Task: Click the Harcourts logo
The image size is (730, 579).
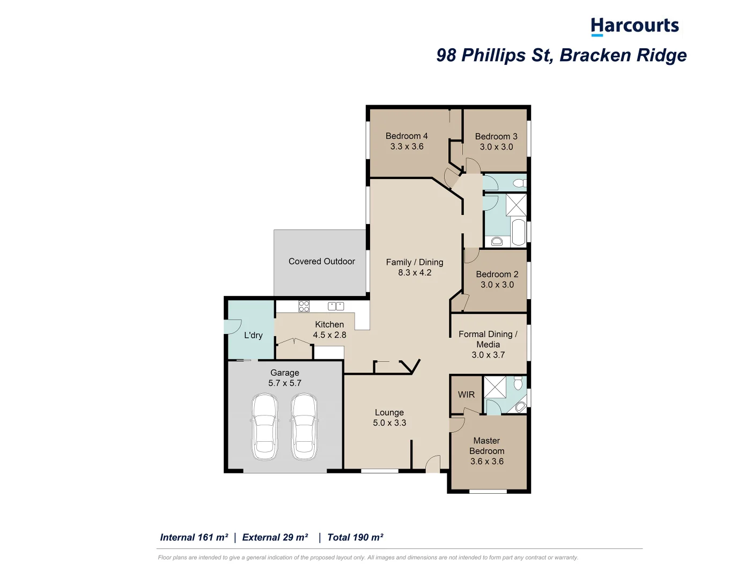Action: [635, 26]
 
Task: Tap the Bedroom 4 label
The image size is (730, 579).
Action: [407, 136]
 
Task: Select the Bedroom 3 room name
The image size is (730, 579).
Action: [496, 137]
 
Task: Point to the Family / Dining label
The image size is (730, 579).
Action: [415, 262]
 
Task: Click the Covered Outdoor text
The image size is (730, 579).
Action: [322, 262]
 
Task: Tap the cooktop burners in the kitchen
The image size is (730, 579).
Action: [304, 307]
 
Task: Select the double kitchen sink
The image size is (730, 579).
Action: [336, 306]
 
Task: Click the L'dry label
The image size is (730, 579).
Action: [253, 336]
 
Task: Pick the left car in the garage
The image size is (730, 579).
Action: [264, 427]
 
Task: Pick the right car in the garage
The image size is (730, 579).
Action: [304, 427]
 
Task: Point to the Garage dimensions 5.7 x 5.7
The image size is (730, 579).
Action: [285, 383]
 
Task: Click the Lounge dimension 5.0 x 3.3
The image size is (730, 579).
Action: [389, 423]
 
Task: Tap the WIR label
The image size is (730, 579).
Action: [466, 395]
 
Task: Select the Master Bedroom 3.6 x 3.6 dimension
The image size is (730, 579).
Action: [487, 462]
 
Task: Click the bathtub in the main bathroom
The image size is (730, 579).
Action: [519, 232]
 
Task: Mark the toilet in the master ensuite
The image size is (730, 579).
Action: [518, 383]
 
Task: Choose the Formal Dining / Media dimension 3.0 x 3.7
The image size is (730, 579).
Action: [488, 355]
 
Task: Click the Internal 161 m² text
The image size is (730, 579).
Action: [194, 538]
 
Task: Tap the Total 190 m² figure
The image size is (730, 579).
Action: [355, 538]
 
